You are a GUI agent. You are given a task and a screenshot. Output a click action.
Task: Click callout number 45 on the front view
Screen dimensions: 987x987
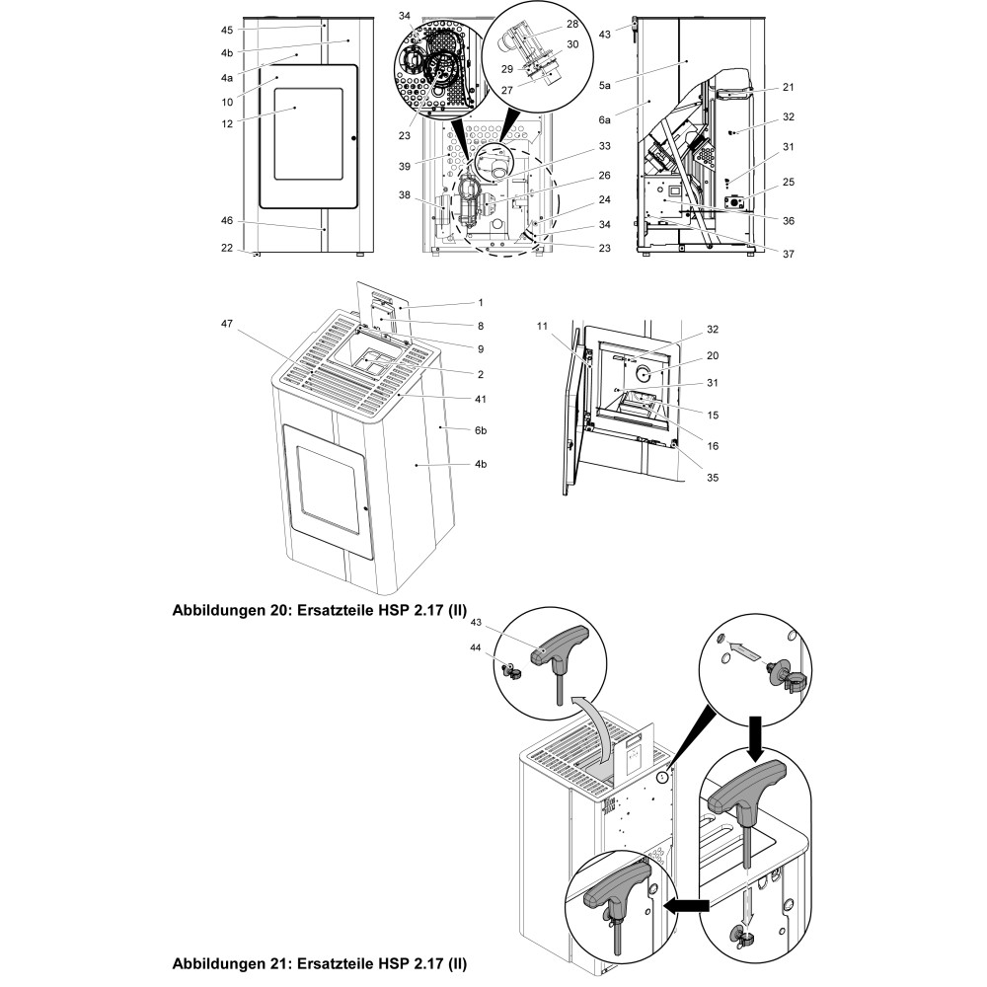[226, 29]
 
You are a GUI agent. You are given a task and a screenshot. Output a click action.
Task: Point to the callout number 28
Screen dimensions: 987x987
[572, 22]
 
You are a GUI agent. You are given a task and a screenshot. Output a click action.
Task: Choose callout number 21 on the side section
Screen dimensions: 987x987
[788, 87]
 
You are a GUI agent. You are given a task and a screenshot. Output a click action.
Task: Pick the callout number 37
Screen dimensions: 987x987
[787, 253]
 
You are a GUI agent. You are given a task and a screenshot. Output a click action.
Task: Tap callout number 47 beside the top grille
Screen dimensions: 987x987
[226, 323]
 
